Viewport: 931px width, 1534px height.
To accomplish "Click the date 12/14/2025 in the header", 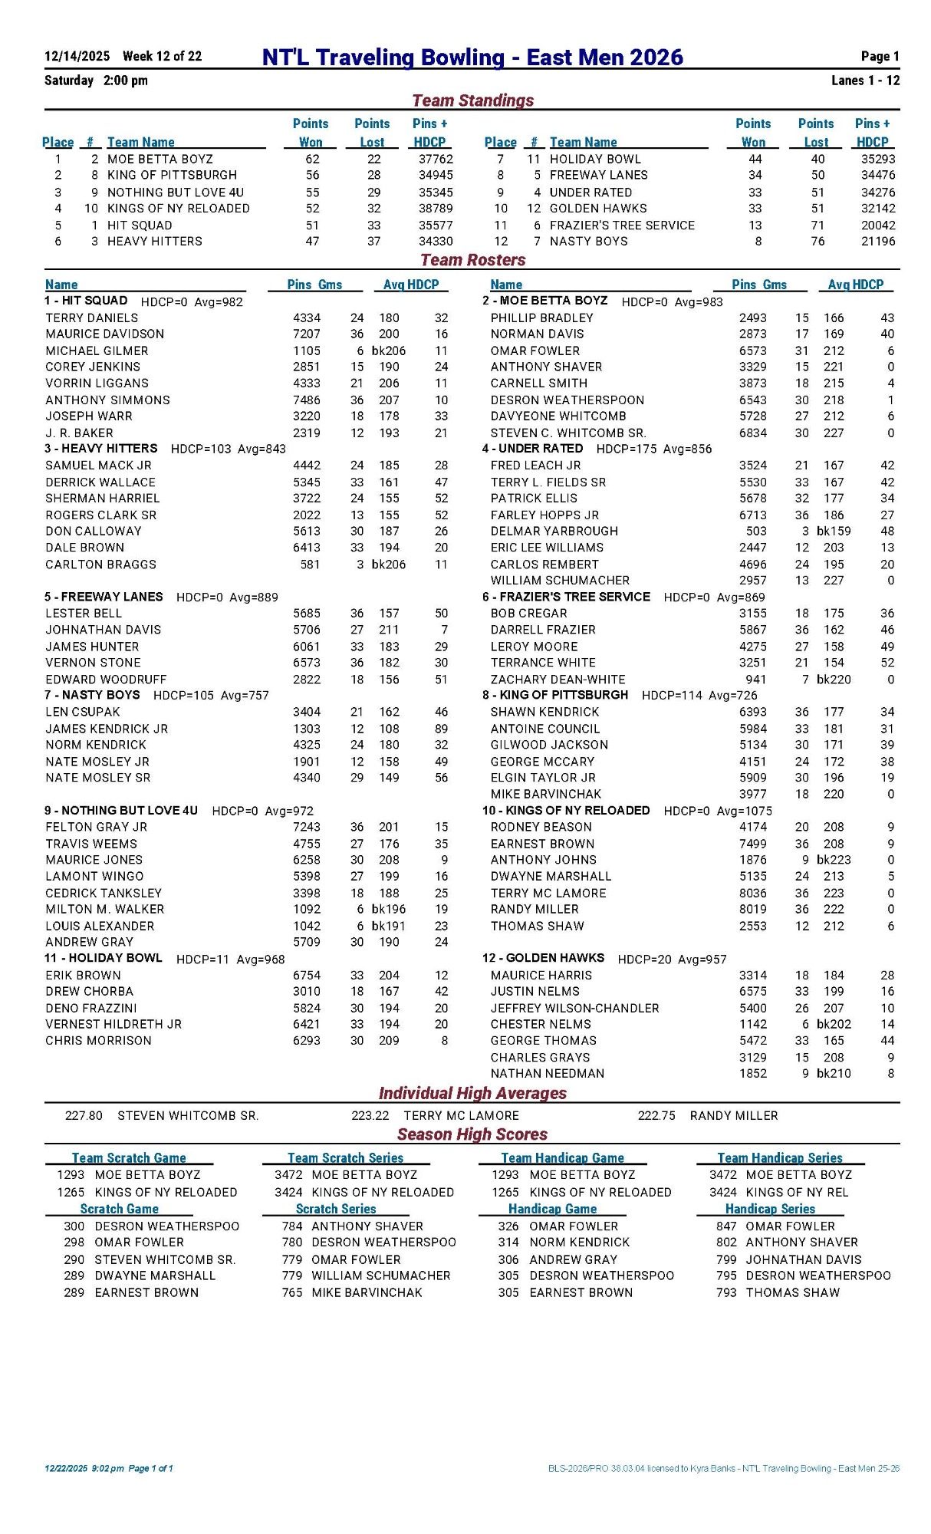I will tap(77, 56).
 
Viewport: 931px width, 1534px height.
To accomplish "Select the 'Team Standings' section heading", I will tap(472, 100).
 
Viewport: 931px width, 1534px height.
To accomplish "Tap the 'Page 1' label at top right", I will tap(880, 56).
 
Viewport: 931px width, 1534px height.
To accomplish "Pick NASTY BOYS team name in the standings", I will tap(588, 241).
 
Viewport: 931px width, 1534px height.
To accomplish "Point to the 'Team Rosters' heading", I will tap(472, 260).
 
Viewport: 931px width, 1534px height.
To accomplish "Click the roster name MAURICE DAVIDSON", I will tap(104, 334).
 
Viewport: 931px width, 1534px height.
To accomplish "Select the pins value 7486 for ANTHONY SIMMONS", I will tap(307, 400).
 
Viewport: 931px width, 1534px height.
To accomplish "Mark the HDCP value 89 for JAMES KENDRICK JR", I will tap(441, 729).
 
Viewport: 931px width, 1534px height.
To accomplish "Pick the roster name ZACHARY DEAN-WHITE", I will tap(558, 680).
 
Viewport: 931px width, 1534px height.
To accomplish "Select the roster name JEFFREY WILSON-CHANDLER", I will tap(574, 1008).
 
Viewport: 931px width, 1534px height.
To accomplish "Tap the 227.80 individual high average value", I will tap(84, 1115).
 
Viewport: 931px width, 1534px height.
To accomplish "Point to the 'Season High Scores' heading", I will tap(472, 1134).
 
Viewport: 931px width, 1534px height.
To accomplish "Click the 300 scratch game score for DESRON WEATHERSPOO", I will tap(74, 1226).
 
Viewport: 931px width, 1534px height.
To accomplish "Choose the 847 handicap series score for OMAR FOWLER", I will tap(726, 1226).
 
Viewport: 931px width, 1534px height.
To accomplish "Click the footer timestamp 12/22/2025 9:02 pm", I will tap(84, 1469).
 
